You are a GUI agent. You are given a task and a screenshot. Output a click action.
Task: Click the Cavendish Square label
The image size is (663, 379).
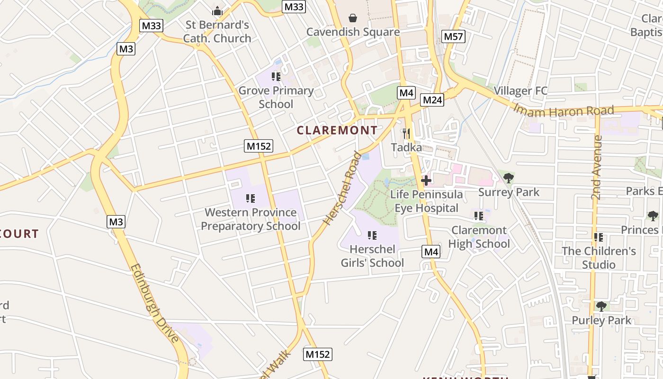353,32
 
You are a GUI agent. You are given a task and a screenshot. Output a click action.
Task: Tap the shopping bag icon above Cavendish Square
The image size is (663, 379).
353,18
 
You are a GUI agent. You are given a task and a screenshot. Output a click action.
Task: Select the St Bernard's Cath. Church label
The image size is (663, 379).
217,31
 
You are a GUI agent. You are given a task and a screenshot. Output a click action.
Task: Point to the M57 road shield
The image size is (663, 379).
454,36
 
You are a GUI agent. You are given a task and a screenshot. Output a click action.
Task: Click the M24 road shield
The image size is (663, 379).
432,100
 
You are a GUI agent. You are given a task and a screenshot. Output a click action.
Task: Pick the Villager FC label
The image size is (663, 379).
520,90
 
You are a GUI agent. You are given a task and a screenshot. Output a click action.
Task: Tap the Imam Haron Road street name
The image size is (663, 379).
564,110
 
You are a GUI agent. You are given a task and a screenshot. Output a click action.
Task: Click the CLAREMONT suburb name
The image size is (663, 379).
337,130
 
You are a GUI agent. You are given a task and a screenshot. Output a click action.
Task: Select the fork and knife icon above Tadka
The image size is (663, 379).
406,133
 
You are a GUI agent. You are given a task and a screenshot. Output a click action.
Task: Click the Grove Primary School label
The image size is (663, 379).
276,97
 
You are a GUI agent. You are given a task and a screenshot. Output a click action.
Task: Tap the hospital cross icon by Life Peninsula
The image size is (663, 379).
426,180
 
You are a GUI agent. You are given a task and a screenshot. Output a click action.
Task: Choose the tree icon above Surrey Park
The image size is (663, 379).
509,178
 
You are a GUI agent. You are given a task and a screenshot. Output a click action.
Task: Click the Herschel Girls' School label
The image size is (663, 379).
372,256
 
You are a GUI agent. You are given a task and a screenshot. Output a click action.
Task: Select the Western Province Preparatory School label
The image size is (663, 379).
251,219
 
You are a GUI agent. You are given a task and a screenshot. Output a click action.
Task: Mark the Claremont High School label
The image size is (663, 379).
479,237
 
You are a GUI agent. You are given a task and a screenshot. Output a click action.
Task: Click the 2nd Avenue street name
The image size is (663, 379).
597,167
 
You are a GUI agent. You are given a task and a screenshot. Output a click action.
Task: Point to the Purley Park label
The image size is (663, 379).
601,320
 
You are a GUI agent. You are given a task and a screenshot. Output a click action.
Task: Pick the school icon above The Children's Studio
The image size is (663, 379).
599,237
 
